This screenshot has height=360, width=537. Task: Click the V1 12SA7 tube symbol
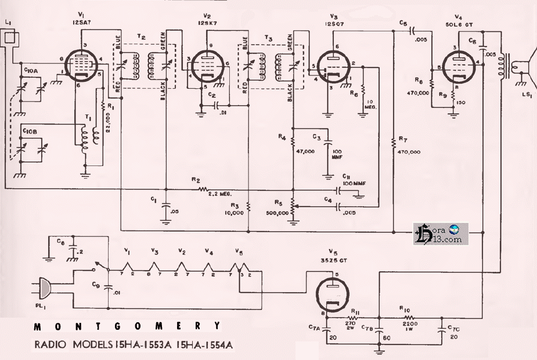pyautogui.click(x=80, y=64)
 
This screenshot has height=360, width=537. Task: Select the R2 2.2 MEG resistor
pyautogui.click(x=203, y=188)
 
